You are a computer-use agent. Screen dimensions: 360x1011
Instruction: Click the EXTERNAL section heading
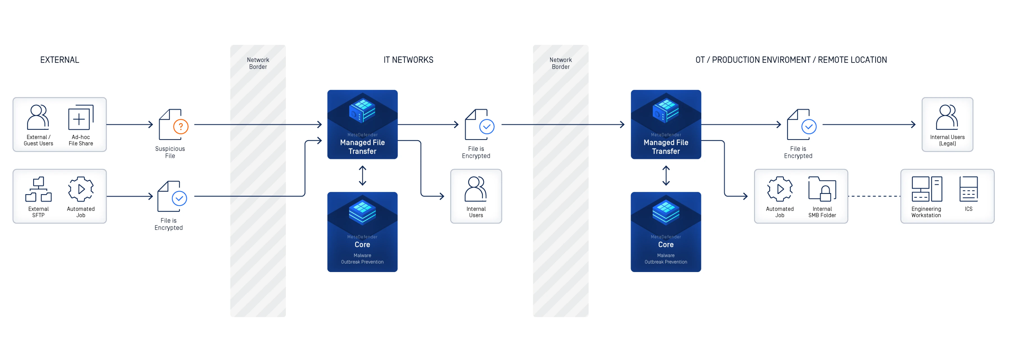click(x=60, y=60)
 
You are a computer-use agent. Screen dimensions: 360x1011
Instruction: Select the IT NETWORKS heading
click(x=408, y=60)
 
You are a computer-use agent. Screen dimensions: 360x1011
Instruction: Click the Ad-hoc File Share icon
click(x=80, y=117)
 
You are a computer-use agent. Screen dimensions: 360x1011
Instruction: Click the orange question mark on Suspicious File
click(x=181, y=126)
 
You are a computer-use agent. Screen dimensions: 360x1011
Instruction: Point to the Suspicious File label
click(x=170, y=152)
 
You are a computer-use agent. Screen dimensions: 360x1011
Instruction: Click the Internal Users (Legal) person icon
click(x=947, y=117)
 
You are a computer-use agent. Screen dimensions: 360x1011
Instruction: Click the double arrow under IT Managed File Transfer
click(x=362, y=175)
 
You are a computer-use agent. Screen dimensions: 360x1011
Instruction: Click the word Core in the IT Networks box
click(x=362, y=244)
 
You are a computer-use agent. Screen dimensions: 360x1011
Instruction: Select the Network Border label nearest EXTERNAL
click(x=258, y=63)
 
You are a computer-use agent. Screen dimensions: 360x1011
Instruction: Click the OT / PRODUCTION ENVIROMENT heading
click(x=791, y=60)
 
